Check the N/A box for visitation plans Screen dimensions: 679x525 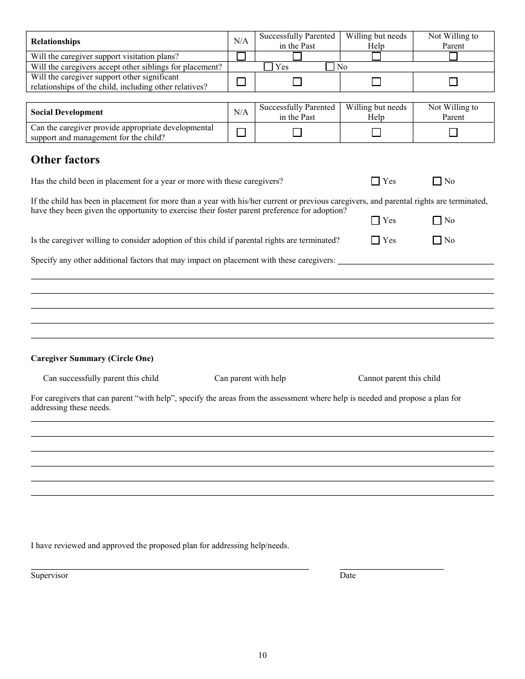[x=241, y=56]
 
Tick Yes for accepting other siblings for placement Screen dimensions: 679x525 [x=269, y=67]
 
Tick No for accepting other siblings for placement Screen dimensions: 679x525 [x=330, y=67]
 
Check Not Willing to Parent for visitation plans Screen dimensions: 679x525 [x=453, y=56]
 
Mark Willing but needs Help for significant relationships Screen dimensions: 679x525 [x=376, y=82]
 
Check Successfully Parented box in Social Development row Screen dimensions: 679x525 [x=297, y=132]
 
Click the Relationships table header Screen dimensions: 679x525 [x=55, y=41]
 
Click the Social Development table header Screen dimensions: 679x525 [x=67, y=112]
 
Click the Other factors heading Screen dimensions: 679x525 [x=65, y=160]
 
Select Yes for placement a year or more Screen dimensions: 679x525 [x=376, y=181]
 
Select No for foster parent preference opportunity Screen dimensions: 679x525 [x=437, y=220]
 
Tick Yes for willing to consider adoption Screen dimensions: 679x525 [x=376, y=240]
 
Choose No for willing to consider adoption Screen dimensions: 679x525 [x=437, y=240]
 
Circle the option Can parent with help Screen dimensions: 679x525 [x=250, y=378]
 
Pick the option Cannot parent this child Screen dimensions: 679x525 [x=399, y=378]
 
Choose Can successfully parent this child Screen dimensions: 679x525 [x=101, y=378]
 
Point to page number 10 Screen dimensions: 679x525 [x=262, y=655]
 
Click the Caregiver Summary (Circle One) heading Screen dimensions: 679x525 [x=92, y=358]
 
